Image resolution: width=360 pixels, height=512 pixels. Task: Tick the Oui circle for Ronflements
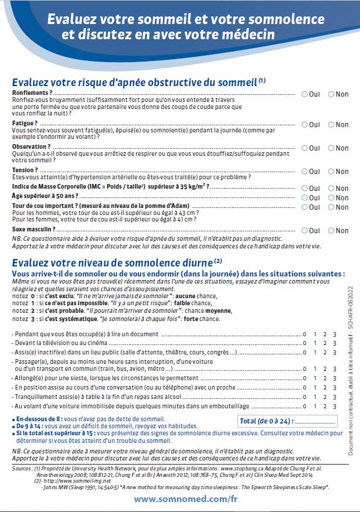point(305,94)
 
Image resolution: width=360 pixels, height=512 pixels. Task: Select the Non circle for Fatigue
point(331,125)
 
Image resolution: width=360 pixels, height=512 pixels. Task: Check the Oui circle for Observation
point(305,147)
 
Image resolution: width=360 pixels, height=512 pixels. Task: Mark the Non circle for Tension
point(331,172)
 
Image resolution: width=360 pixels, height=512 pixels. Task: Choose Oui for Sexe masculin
point(305,231)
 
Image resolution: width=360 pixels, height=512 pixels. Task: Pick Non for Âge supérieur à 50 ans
point(331,198)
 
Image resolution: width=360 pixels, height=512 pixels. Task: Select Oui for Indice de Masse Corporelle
point(305,188)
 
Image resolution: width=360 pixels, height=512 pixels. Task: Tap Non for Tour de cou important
point(331,207)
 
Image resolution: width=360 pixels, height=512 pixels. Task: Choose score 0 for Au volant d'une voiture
point(304,405)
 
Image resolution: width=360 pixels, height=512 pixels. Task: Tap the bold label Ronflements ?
point(32,93)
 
